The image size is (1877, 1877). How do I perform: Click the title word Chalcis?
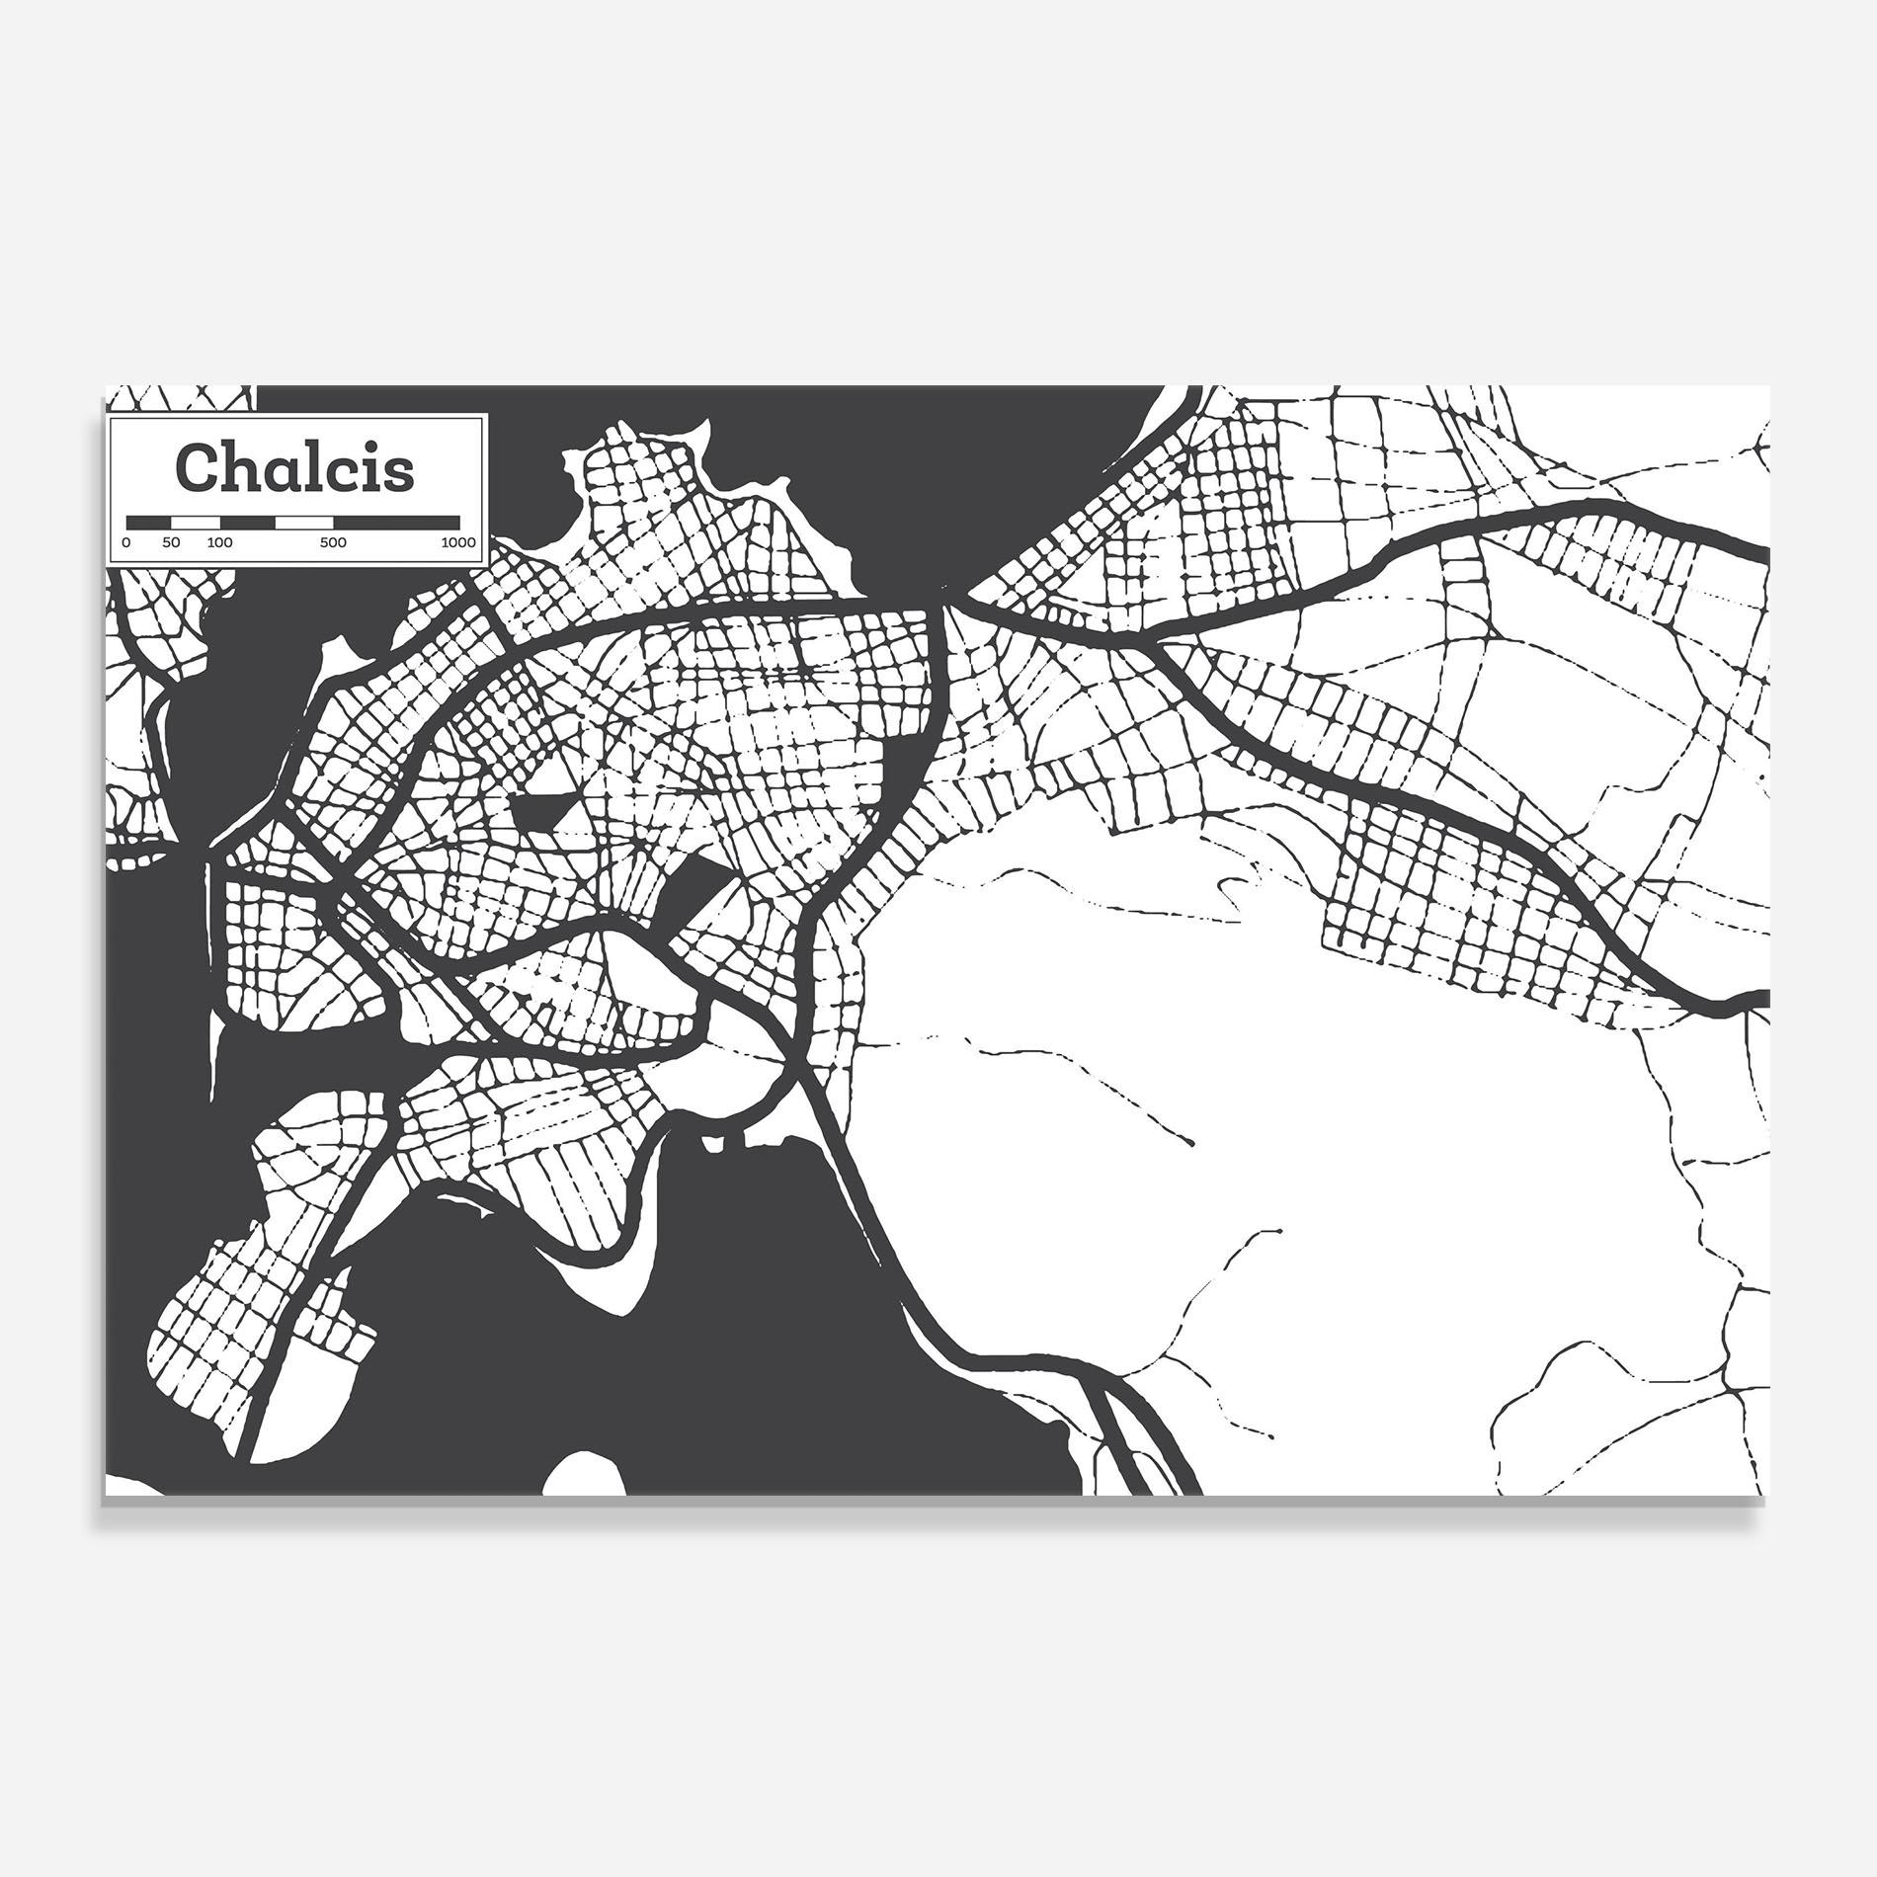(294, 467)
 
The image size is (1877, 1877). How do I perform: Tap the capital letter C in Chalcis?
(194, 468)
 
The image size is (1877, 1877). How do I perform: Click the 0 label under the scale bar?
(126, 542)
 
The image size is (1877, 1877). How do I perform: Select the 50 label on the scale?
(171, 542)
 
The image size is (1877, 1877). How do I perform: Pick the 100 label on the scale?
(219, 542)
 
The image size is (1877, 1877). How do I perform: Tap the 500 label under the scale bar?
(334, 542)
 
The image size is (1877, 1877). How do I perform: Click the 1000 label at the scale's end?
(457, 542)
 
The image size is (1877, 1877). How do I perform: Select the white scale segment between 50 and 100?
(195, 521)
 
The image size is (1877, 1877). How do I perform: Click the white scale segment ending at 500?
(304, 521)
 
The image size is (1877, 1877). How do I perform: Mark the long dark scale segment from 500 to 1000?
(396, 521)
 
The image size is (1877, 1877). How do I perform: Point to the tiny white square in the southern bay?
(710, 1145)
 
